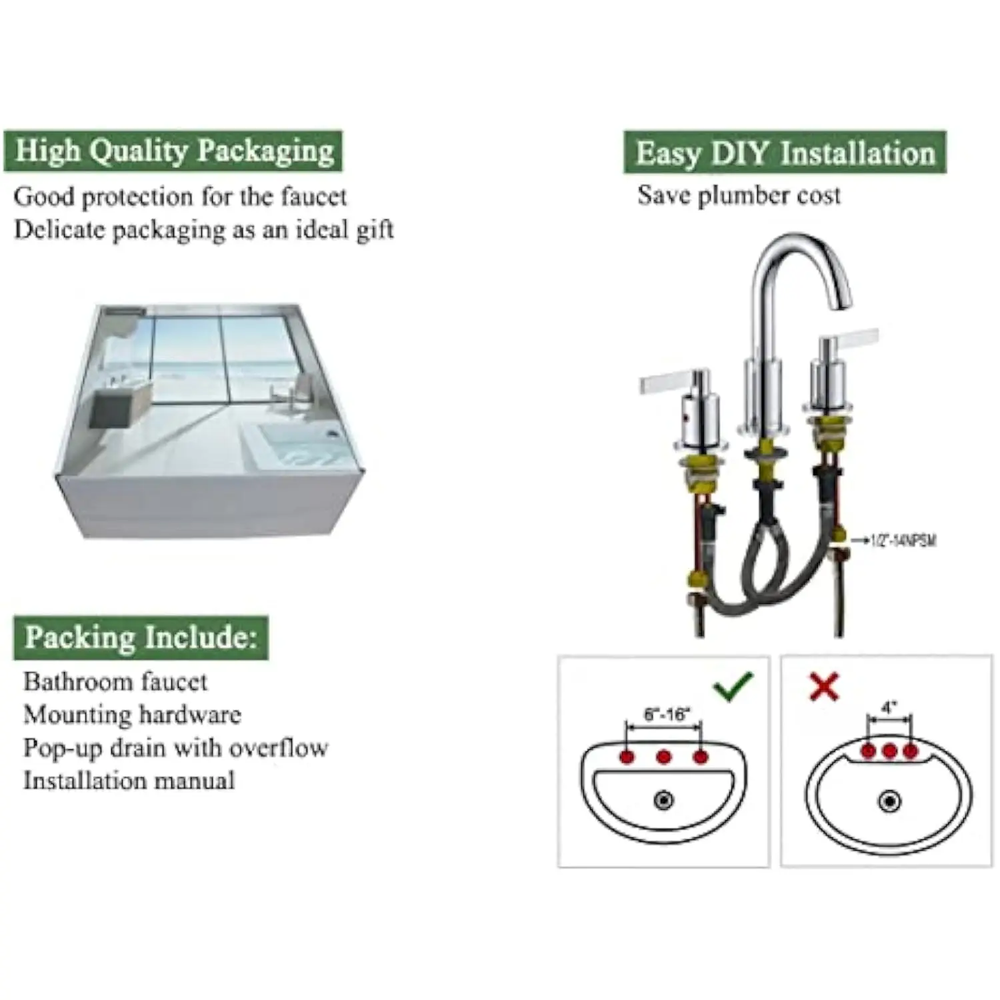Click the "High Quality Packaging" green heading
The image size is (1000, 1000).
[173, 151]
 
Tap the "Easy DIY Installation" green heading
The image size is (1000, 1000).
[785, 153]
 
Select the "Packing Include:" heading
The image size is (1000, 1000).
[141, 638]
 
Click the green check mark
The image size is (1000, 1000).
[733, 686]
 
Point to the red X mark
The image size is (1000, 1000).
[824, 687]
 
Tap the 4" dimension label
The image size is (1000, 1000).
[889, 707]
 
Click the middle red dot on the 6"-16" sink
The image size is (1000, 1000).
[663, 757]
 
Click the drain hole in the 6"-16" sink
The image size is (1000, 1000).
[663, 800]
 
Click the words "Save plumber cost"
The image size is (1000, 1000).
[739, 196]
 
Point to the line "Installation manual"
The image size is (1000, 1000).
[129, 781]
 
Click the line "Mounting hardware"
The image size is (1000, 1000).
[132, 715]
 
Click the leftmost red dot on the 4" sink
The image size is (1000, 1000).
[868, 751]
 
